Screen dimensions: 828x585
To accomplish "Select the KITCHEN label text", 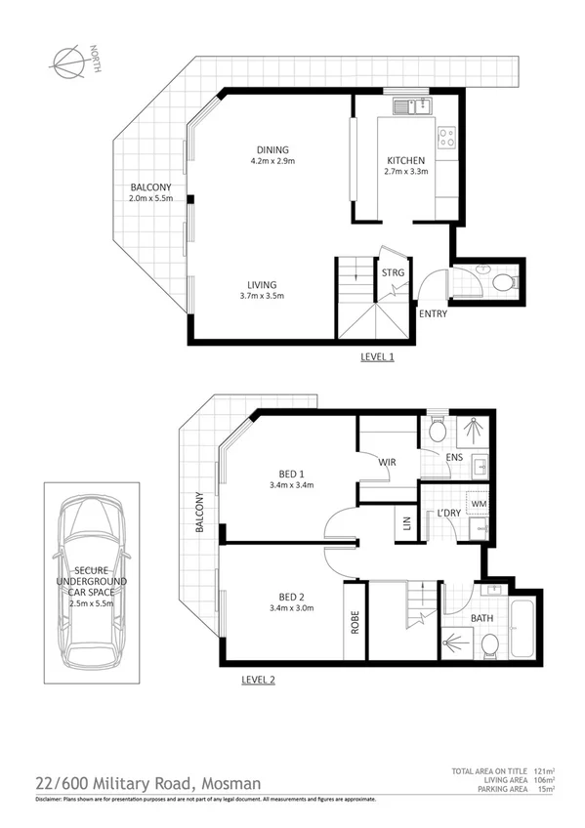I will tap(404, 160).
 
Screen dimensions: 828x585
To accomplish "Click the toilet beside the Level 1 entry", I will tap(502, 284).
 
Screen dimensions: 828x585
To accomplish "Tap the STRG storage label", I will tap(393, 272).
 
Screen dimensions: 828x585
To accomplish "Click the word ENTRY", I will tap(434, 313).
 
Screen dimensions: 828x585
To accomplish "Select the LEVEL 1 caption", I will tap(377, 357).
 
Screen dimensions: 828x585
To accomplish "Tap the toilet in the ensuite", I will tap(437, 430).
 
